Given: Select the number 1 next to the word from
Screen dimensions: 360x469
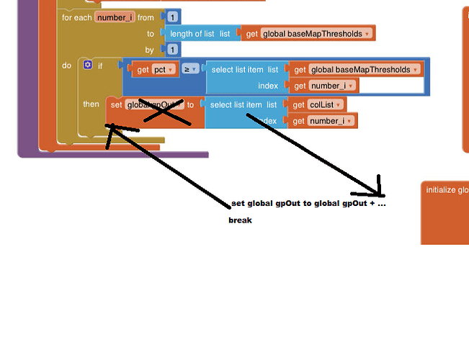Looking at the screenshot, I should point(173,17).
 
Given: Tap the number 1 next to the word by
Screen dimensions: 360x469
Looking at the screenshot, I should point(173,50).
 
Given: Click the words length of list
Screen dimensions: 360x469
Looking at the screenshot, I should point(192,33).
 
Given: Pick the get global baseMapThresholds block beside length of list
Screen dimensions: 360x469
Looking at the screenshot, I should point(308,33).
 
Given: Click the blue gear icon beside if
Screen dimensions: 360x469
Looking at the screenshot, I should point(88,65).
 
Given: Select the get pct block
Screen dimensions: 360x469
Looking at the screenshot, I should point(152,70).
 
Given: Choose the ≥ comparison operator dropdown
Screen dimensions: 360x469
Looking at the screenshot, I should point(190,70).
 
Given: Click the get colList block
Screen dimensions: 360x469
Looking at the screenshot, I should point(318,104).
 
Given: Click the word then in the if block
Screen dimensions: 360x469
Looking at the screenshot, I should point(91,104).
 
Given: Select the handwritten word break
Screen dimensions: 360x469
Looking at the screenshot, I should point(241,220).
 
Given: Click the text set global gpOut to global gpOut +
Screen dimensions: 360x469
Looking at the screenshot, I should point(308,204).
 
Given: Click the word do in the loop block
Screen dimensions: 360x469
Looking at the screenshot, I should point(66,66).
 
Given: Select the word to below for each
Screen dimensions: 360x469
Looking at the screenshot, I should point(151,34).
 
